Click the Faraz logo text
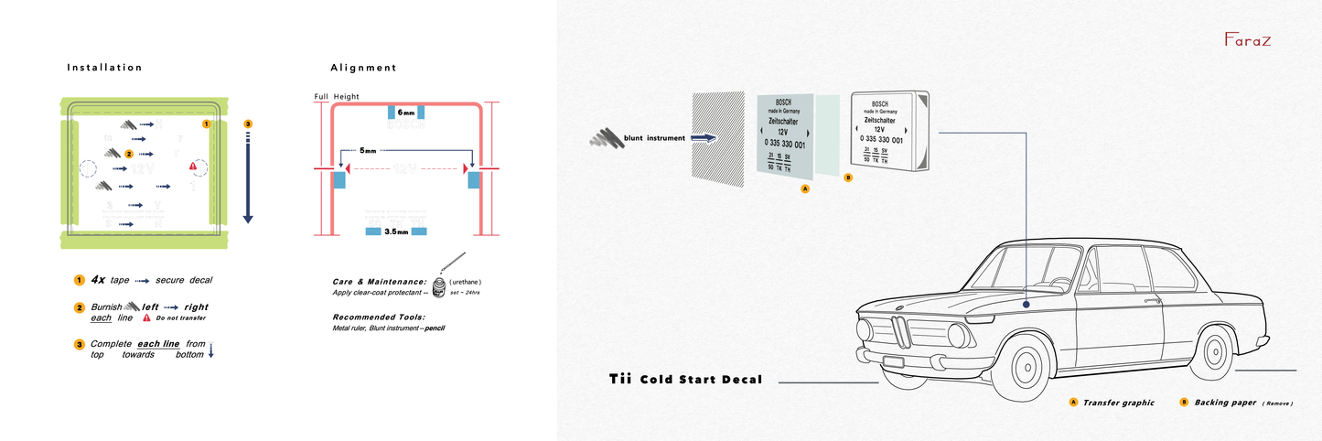pos(1248,40)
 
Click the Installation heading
pos(104,68)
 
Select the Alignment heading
pos(363,68)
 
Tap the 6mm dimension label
pos(405,113)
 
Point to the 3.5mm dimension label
pos(396,232)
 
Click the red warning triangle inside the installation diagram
pos(193,166)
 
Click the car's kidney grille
pos(901,330)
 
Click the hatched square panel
pos(717,137)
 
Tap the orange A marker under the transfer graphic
pos(805,189)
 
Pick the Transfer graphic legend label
pos(1118,403)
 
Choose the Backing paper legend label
pos(1223,403)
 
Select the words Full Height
pos(336,96)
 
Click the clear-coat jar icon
pos(440,286)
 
